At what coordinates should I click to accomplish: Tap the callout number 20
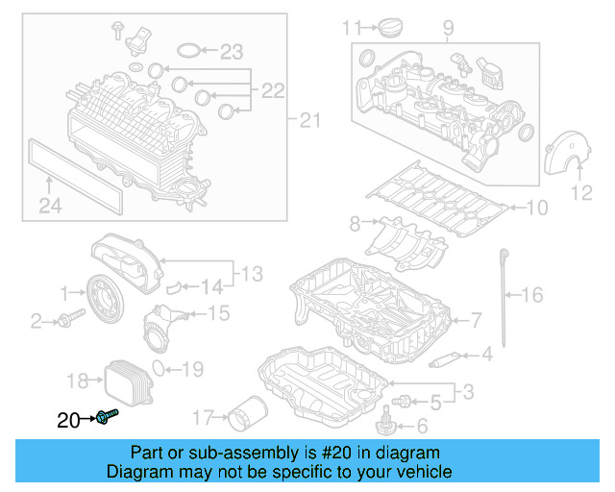click(x=68, y=419)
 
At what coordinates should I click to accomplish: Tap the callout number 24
click(x=49, y=204)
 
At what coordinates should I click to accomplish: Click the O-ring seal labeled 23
click(x=189, y=51)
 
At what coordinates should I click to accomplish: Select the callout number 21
click(x=308, y=120)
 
